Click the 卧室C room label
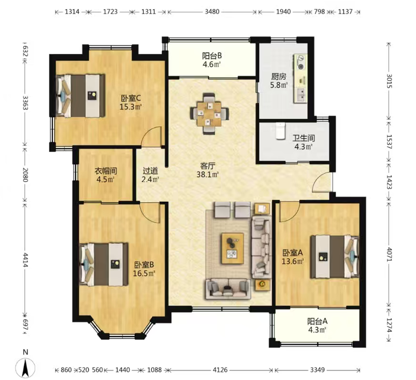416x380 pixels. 131,98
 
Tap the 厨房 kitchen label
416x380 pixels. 278,76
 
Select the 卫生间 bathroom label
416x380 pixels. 303,138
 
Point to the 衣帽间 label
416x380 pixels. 106,171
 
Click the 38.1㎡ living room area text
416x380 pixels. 208,175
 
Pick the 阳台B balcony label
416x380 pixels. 212,56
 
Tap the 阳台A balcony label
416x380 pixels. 317,321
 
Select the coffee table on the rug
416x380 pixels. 233,248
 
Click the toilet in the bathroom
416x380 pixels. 280,131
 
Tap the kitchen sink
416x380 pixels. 301,95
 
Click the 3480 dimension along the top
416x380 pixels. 212,12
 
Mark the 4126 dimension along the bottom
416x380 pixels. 220,370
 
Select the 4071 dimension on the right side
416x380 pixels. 389,254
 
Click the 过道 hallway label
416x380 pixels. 150,171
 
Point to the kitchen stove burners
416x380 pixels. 301,62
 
